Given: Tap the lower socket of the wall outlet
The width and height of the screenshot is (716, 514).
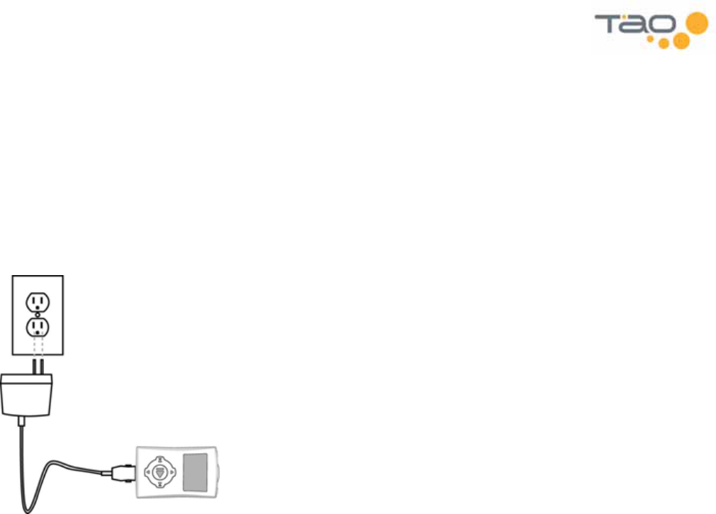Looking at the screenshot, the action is (x=37, y=327).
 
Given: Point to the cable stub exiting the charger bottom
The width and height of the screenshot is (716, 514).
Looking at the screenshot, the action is (x=23, y=421).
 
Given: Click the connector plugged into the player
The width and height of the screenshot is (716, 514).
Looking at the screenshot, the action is (x=121, y=469).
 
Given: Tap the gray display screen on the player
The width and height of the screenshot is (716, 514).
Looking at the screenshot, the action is (x=196, y=470).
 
